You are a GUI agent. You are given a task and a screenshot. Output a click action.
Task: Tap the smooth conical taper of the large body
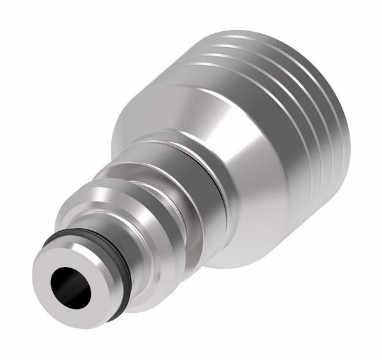pos(255,172)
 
